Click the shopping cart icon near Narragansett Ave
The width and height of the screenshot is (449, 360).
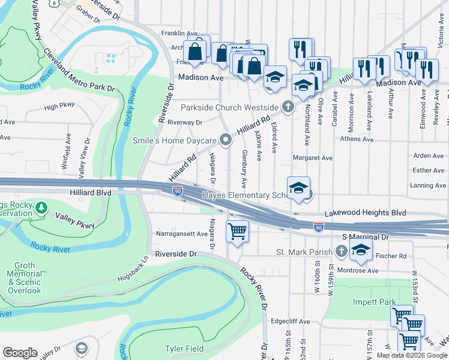click(x=238, y=230)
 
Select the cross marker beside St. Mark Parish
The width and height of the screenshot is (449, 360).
click(x=342, y=251)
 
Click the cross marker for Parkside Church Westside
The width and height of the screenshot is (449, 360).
click(x=288, y=107)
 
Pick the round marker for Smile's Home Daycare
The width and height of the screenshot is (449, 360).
click(x=226, y=140)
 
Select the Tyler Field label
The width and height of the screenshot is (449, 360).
click(x=185, y=349)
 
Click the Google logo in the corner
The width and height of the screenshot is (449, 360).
click(x=20, y=353)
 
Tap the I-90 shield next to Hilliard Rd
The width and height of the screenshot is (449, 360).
click(x=178, y=191)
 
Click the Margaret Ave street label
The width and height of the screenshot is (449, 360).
click(x=312, y=158)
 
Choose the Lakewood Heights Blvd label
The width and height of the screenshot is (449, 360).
click(x=365, y=213)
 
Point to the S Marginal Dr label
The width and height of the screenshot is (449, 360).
click(x=366, y=237)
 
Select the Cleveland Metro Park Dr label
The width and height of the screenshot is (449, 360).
click(x=78, y=70)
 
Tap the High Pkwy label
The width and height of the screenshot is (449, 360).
click(x=59, y=106)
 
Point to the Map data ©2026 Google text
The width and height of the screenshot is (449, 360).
click(x=411, y=355)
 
